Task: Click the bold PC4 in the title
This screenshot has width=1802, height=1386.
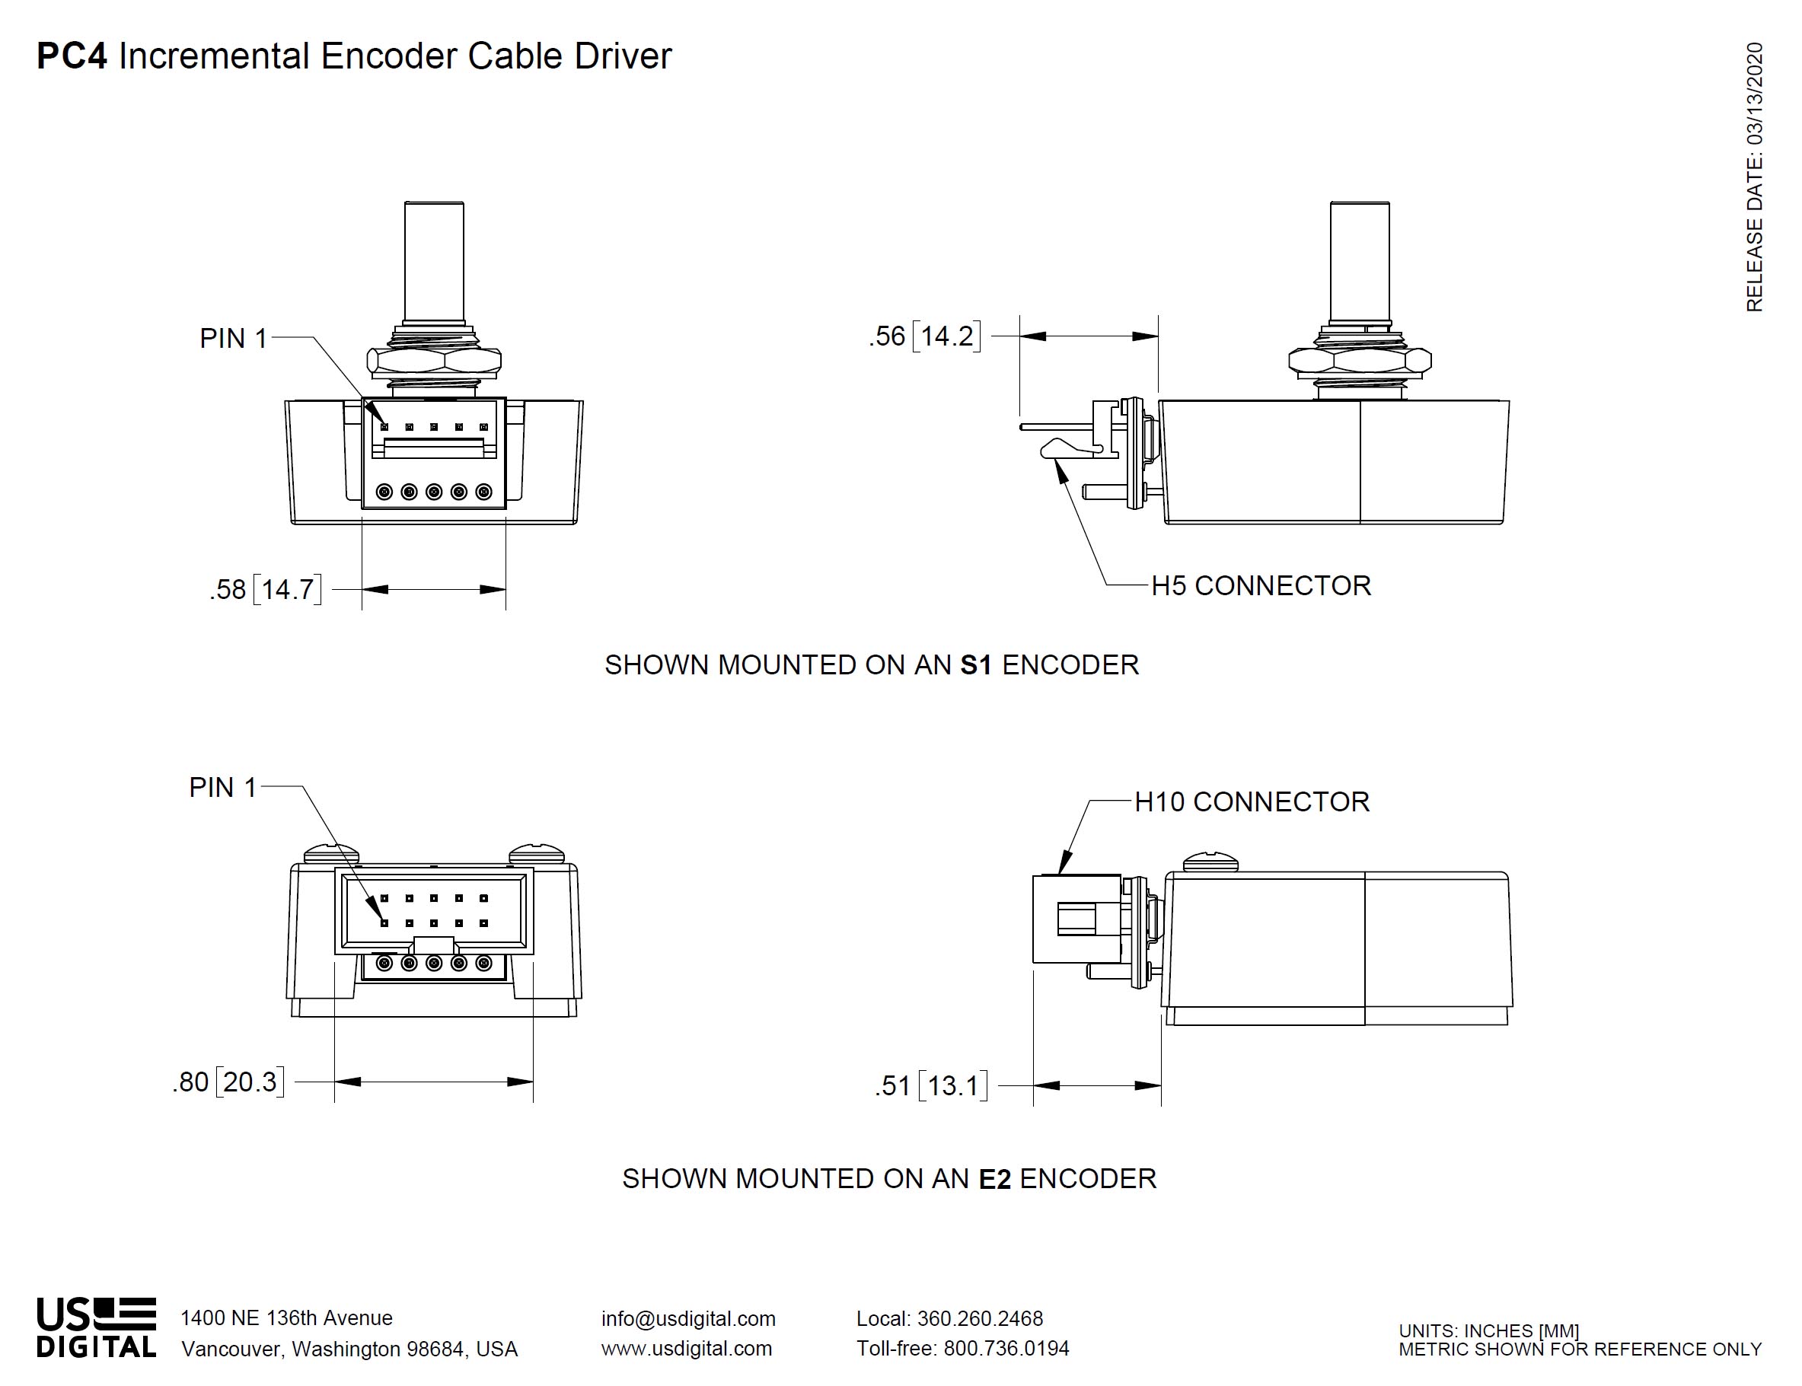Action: [72, 56]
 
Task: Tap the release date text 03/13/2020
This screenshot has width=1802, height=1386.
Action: [1754, 95]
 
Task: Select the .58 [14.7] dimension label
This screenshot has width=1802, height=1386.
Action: [265, 589]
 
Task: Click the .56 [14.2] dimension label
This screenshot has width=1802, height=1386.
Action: [924, 336]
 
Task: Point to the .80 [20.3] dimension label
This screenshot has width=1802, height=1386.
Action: [228, 1082]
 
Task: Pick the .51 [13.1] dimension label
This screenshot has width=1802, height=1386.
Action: [931, 1085]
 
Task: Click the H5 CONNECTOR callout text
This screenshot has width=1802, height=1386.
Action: [1261, 586]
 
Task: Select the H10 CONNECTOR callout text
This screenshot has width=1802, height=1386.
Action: [1252, 802]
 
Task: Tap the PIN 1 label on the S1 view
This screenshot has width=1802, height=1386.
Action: [234, 338]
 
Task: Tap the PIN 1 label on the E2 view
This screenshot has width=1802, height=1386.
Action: [223, 787]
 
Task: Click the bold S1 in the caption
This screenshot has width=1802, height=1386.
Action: [976, 665]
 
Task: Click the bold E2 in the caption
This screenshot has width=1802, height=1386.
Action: [994, 1179]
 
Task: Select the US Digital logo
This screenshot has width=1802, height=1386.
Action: [96, 1327]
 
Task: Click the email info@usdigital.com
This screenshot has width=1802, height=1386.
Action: [688, 1318]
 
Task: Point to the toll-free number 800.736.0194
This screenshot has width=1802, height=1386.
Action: [1006, 1348]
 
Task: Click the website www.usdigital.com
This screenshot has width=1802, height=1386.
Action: [687, 1348]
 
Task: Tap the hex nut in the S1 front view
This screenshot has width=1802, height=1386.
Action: [434, 362]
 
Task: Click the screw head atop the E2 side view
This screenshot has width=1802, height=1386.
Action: [1210, 863]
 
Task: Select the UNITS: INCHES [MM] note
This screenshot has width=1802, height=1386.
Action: [1488, 1330]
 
